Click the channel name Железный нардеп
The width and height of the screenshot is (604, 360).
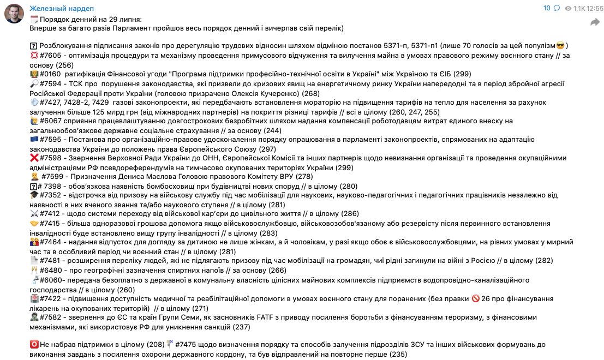tap(61, 9)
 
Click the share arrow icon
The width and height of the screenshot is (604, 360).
tap(594, 22)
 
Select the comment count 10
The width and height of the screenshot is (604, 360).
tap(547, 8)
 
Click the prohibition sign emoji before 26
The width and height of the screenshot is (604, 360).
tap(475, 299)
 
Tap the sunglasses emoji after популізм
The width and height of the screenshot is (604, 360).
tap(560, 45)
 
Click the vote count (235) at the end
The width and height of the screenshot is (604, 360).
tap(398, 354)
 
